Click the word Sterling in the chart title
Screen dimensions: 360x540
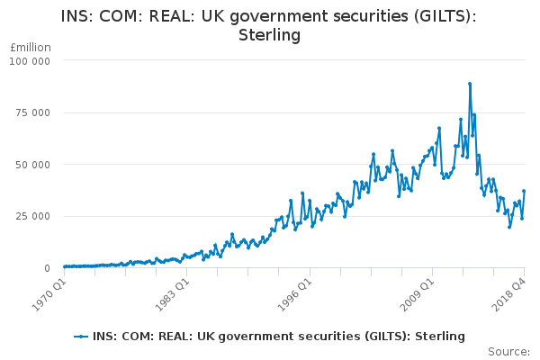269,35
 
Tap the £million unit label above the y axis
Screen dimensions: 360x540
30,47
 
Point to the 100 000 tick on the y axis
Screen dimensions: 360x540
31,60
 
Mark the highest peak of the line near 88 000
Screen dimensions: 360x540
470,84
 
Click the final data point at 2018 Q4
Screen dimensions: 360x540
524,191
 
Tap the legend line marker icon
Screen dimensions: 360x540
82,336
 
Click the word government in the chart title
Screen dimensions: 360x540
275,16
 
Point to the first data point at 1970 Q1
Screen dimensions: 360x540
64,266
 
